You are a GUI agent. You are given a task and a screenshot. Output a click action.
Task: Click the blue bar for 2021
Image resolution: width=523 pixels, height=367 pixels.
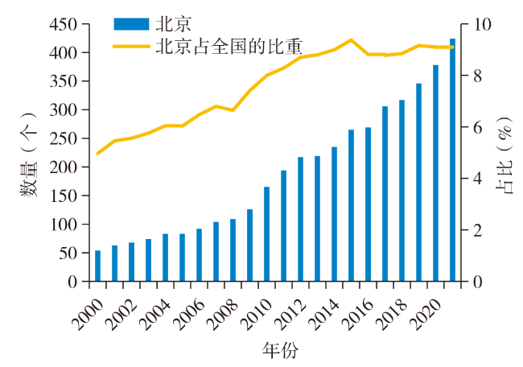(452, 161)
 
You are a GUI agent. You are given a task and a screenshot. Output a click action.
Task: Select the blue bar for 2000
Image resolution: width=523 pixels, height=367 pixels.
(97, 266)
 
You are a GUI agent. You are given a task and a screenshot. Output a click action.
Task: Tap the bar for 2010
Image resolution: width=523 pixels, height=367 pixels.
(266, 234)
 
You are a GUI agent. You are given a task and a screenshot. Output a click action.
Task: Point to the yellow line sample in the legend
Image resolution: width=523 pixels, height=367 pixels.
(133, 46)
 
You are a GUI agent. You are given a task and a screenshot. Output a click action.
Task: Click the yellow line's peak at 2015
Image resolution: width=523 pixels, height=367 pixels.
(351, 39)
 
